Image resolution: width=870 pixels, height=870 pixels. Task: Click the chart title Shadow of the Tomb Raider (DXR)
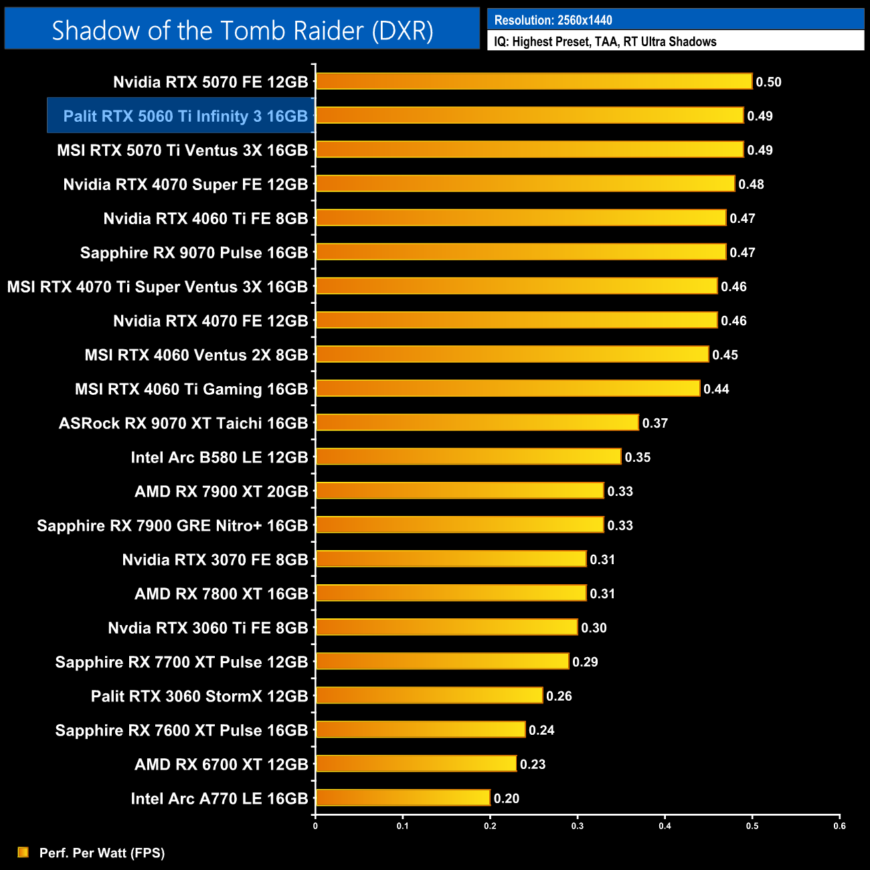(242, 31)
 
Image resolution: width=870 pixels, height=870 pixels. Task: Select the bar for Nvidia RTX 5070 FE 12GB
(533, 82)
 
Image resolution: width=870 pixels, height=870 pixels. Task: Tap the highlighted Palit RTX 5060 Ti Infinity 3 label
(185, 116)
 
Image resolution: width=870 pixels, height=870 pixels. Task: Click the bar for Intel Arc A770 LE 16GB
(402, 798)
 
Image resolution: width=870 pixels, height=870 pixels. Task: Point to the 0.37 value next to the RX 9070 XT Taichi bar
(655, 423)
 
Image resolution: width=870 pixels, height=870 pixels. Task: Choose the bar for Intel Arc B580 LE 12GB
(468, 456)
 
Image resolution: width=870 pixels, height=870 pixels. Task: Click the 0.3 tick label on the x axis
(578, 826)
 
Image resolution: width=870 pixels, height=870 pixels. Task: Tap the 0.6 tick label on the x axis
(839, 826)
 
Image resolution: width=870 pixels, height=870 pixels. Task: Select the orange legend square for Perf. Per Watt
(23, 852)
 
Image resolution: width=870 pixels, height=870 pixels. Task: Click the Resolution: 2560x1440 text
(553, 20)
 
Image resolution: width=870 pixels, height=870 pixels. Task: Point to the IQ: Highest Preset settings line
(605, 41)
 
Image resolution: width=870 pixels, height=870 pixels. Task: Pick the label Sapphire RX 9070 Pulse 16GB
(194, 253)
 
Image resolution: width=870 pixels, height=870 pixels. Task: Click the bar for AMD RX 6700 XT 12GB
(416, 764)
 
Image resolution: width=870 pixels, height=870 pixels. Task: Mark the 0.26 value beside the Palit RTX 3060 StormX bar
(559, 696)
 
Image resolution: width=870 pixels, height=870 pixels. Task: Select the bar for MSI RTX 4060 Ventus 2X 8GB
(512, 354)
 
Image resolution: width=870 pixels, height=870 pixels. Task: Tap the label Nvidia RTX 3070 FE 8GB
(215, 559)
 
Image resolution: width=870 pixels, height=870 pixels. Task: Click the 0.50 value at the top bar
(768, 82)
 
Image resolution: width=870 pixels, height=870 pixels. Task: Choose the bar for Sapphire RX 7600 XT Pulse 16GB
(420, 729)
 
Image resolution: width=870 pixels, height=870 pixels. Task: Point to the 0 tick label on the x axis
(315, 826)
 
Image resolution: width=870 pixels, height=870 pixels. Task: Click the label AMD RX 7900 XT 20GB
(221, 491)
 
